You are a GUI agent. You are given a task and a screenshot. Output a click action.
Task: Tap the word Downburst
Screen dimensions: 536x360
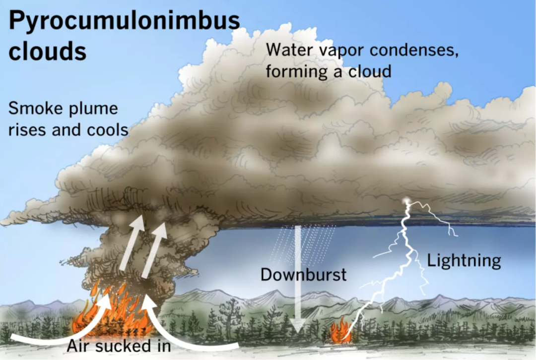pyautogui.click(x=304, y=275)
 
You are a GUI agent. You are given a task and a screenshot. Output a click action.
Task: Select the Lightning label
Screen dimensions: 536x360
pyautogui.click(x=464, y=261)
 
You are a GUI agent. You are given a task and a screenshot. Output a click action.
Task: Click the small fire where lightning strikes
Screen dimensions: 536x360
pyautogui.click(x=339, y=331)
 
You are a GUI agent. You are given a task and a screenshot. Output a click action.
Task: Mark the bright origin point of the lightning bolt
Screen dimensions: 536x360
pyautogui.click(x=407, y=201)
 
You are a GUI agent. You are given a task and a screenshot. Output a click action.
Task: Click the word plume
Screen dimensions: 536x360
pyautogui.click(x=93, y=109)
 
